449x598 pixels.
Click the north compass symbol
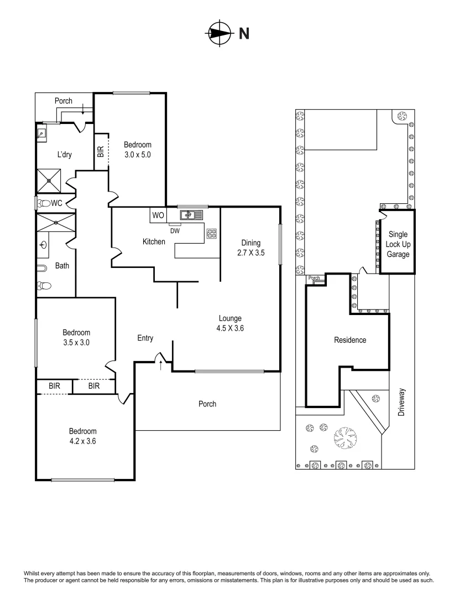pos(220,34)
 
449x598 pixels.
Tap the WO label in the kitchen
pos(158,215)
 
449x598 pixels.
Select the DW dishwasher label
pos(175,231)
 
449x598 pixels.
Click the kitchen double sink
pos(191,214)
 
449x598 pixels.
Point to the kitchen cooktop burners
pos(212,234)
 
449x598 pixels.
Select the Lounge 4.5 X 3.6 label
pos(231,323)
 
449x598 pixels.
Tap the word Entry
pos(145,338)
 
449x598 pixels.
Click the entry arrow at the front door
pos(161,364)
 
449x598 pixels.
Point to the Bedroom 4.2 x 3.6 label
pos(82,436)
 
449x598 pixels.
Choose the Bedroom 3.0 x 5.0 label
pos(138,149)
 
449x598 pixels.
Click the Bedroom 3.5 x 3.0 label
pos(76,337)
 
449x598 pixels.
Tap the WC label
pos(56,203)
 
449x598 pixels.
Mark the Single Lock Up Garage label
pos(398,244)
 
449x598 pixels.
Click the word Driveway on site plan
pos(401,401)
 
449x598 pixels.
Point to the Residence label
pos(349,340)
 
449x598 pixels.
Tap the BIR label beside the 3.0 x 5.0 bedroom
pos(101,152)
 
